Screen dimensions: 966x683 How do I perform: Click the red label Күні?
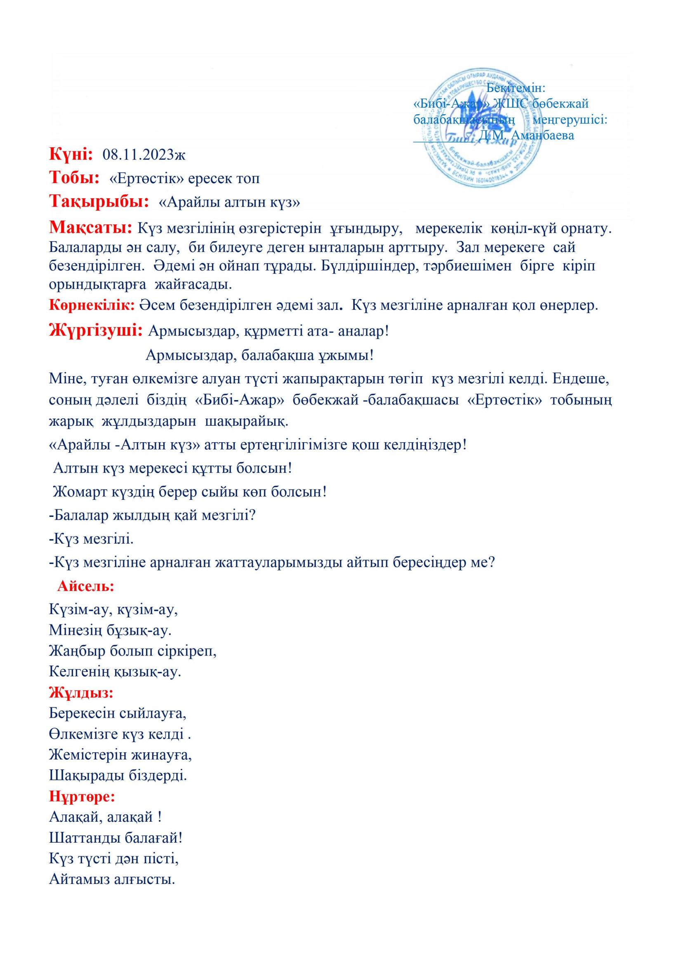[71, 154]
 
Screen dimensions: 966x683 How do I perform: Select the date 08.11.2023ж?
[144, 155]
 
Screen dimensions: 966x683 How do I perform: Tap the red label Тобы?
[74, 177]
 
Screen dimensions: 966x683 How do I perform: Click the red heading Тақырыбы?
[99, 201]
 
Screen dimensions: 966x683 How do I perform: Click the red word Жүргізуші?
[96, 330]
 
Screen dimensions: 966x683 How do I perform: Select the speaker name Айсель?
[86, 586]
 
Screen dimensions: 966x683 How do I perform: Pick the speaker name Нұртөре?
[82, 796]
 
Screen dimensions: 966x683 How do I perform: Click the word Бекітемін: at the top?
[516, 88]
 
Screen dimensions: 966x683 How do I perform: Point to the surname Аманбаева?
[542, 135]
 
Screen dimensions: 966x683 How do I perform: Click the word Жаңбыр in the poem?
[77, 651]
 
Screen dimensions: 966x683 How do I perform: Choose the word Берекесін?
[82, 713]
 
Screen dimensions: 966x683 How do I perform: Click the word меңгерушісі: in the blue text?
[570, 120]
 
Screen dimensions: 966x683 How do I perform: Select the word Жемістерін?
[88, 754]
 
